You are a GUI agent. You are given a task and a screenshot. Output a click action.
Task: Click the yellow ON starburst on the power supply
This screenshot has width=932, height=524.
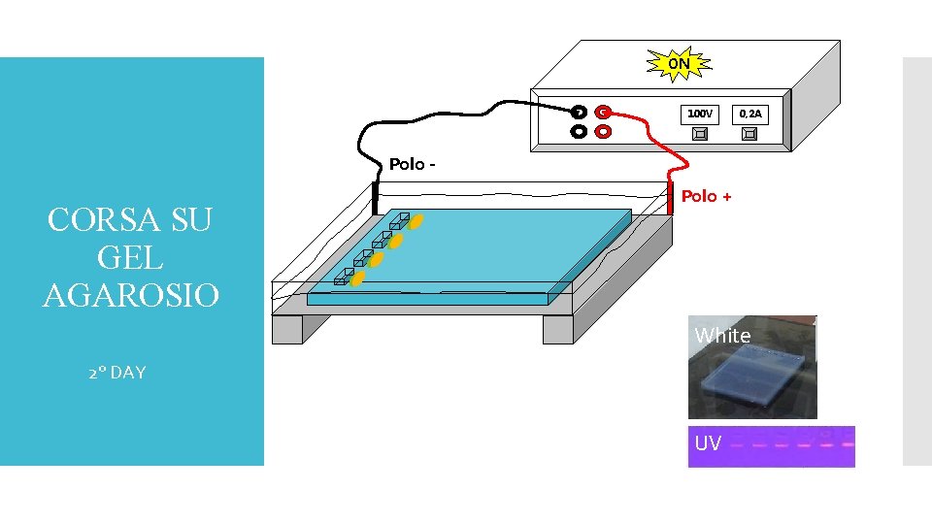680,65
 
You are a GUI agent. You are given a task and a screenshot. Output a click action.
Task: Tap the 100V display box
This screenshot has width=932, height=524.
699,115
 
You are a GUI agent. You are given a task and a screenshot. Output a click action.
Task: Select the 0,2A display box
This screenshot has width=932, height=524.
750,115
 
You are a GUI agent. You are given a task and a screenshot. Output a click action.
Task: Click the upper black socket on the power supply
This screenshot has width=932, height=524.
579,112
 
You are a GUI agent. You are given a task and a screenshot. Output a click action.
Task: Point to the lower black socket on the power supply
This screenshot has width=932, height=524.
579,131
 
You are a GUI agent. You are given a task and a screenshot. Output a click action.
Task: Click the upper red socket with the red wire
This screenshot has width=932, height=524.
603,112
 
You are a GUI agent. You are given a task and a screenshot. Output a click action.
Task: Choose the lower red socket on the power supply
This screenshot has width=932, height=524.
603,131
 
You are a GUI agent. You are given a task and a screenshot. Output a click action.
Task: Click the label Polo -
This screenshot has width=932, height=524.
412,164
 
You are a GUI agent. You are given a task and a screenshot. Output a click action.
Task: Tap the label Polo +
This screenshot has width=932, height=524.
706,197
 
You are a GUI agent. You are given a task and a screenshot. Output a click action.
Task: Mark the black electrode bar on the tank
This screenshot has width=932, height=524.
374,198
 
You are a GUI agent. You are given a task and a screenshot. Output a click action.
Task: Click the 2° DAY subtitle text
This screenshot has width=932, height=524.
116,373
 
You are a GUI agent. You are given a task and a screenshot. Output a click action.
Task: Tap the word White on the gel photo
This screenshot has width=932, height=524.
722,336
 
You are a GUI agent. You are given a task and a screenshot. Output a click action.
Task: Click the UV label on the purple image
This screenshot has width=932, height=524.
708,443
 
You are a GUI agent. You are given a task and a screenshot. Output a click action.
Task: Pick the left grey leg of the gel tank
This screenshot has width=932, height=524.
287,330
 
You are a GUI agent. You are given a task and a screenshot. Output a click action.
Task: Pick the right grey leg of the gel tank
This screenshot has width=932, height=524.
558,330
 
